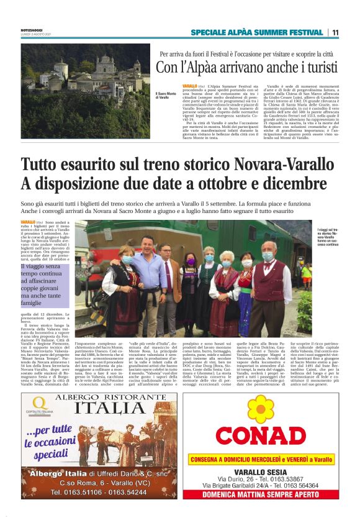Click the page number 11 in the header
coord(335,32)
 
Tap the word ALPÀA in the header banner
coord(236,32)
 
